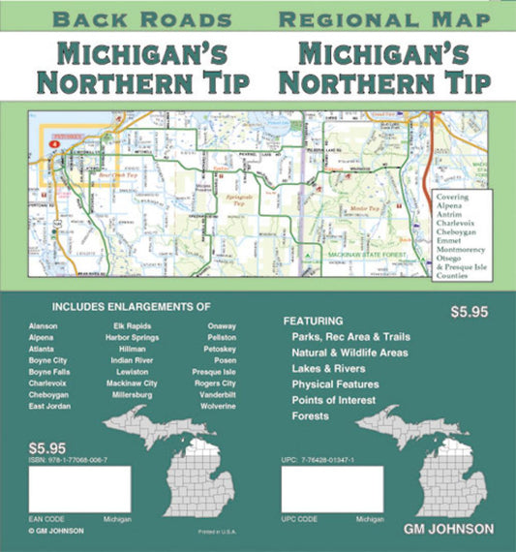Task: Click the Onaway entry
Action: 221,326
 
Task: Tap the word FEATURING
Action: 314,321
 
